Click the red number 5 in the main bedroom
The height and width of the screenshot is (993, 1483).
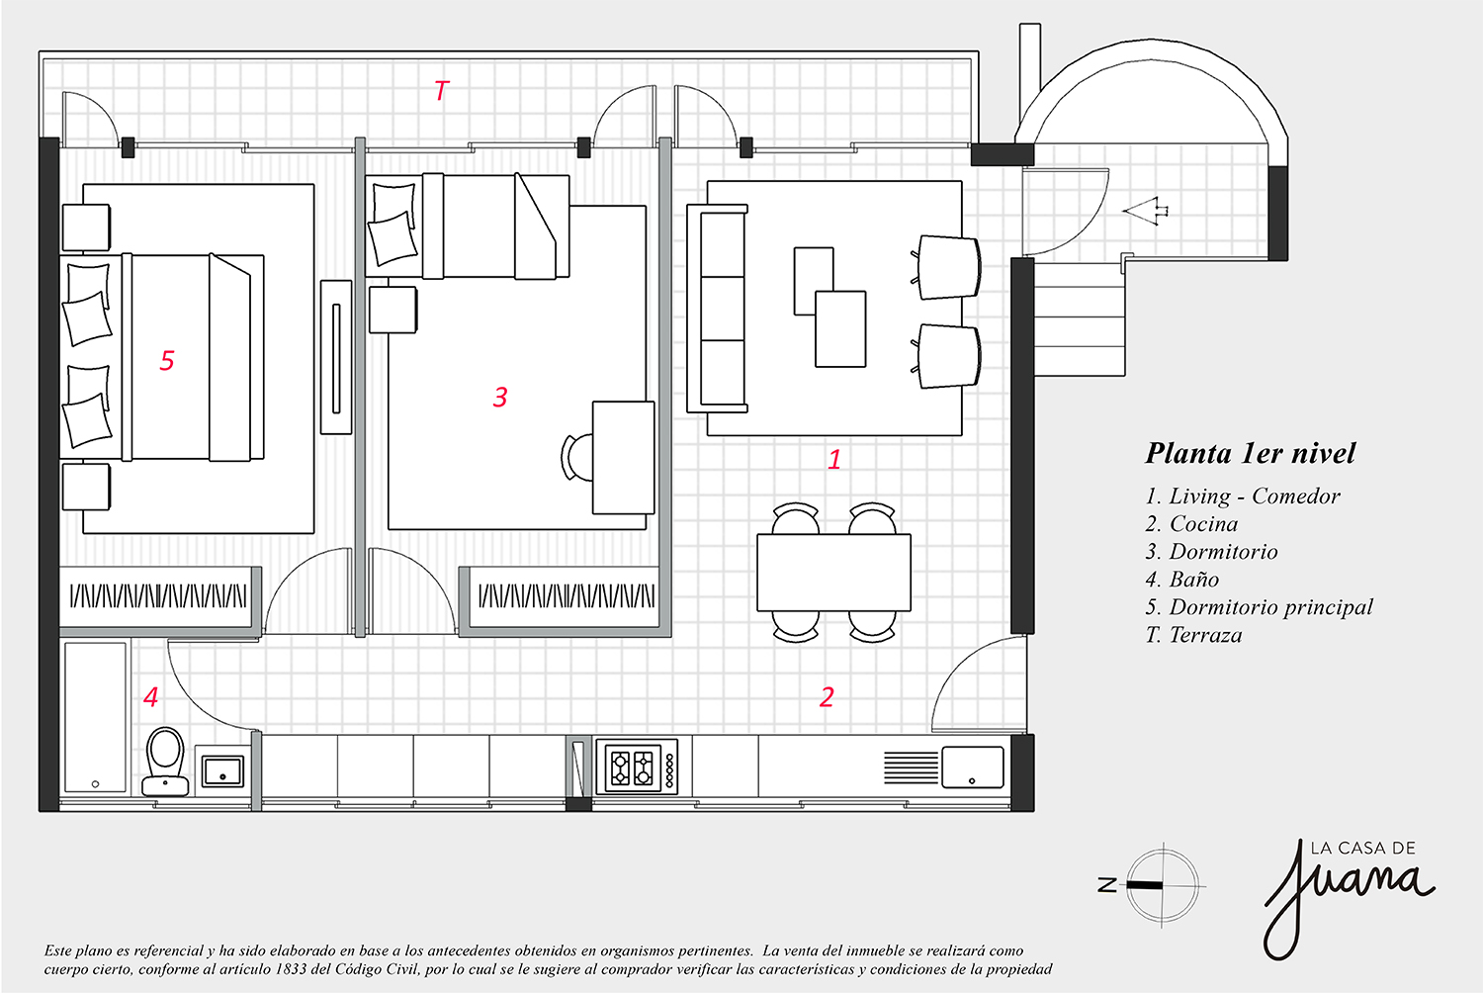(167, 360)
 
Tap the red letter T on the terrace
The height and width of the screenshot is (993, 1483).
(442, 90)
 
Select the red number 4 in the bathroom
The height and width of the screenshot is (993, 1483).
(151, 697)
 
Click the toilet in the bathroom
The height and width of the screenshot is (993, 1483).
(165, 762)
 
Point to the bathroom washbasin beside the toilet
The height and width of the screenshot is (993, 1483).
(222, 770)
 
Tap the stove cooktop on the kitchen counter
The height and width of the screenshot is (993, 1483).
(637, 767)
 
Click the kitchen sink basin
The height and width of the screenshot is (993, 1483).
(973, 767)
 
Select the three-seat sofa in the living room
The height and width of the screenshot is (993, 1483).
(717, 309)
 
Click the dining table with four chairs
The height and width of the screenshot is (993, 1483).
(833, 573)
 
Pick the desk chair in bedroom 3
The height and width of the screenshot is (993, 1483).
(576, 457)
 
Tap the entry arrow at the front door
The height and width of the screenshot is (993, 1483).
(1145, 212)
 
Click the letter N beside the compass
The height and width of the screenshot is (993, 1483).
(1107, 885)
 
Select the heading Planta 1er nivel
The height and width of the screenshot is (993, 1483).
(1250, 453)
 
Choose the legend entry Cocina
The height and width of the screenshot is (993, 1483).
(1191, 524)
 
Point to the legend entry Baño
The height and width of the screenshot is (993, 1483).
(1182, 580)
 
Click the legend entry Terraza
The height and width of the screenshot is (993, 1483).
(1193, 635)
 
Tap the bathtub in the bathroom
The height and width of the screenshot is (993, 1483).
(95, 717)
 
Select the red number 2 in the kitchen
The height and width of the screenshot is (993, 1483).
(827, 697)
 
